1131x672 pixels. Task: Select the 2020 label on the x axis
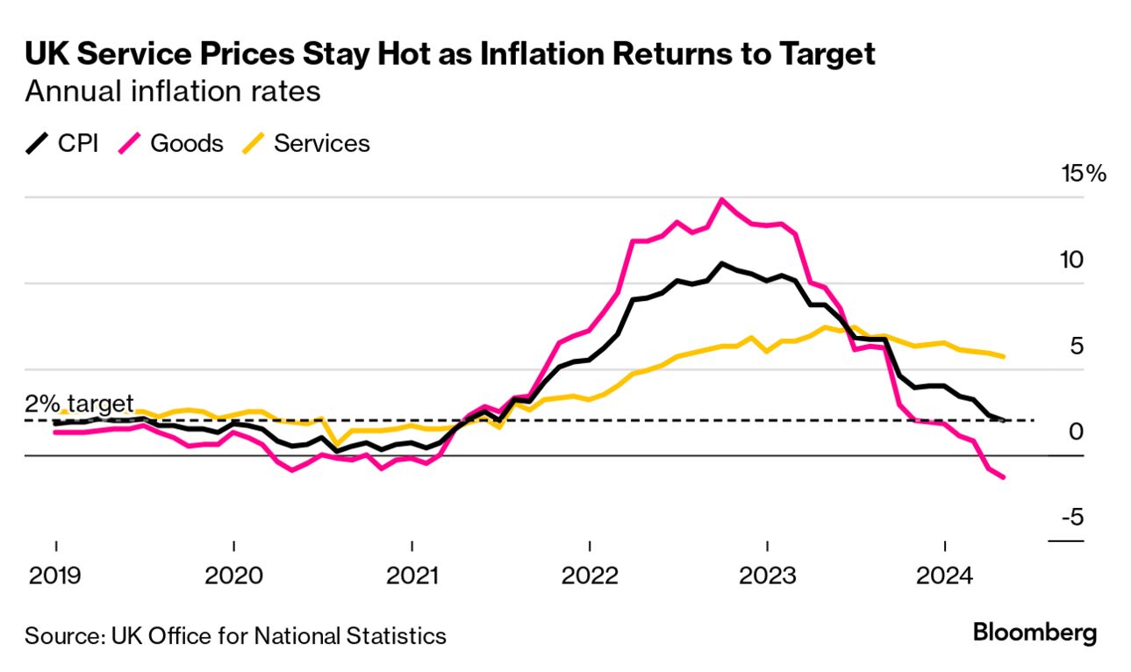(x=233, y=576)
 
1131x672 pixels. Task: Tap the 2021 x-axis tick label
(x=412, y=576)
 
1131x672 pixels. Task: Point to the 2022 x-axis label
(x=590, y=576)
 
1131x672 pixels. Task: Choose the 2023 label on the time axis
(x=768, y=576)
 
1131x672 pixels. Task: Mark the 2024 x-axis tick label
(x=945, y=576)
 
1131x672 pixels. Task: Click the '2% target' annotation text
(x=79, y=404)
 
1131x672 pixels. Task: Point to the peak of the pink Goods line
(x=722, y=200)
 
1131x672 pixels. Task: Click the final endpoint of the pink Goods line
(x=1004, y=477)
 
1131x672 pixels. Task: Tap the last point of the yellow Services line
(x=1004, y=356)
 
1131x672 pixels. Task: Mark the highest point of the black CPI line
(x=722, y=263)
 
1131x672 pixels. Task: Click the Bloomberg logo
(x=1035, y=633)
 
